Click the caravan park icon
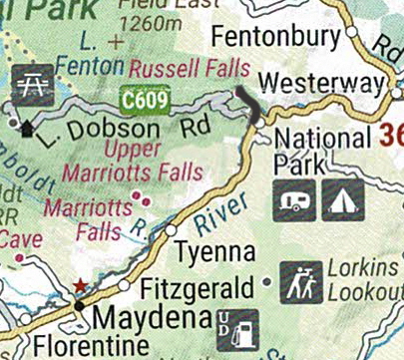tap(294, 199)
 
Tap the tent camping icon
tap(343, 199)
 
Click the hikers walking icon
tap(301, 282)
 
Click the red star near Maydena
tap(79, 287)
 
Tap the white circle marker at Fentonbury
tap(351, 33)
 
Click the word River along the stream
tap(222, 214)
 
